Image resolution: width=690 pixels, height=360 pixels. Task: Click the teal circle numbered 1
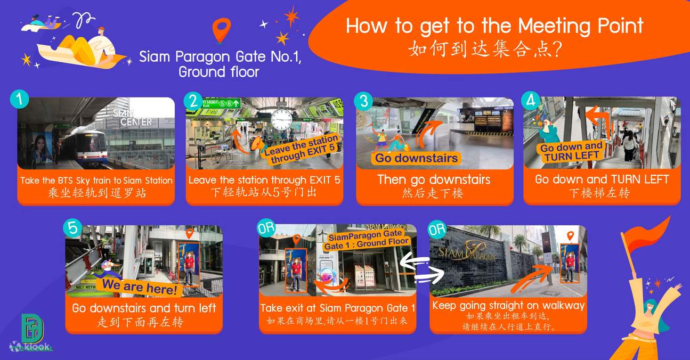[19, 99]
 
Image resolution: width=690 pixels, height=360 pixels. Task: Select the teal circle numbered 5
[72, 228]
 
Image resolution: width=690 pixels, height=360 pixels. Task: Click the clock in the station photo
[281, 120]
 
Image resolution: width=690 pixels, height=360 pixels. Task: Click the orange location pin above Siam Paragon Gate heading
[222, 30]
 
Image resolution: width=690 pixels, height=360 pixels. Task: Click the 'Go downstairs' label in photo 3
[416, 158]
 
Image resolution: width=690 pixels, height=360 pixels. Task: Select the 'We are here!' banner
[139, 287]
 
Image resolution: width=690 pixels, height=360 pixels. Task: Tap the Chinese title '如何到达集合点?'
[485, 50]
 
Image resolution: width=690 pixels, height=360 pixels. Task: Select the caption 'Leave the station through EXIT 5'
[264, 179]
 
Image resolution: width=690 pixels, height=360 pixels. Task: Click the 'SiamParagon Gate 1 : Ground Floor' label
[366, 240]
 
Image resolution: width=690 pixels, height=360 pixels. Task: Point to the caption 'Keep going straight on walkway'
[508, 305]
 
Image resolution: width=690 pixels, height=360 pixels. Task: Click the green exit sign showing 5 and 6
[221, 103]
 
